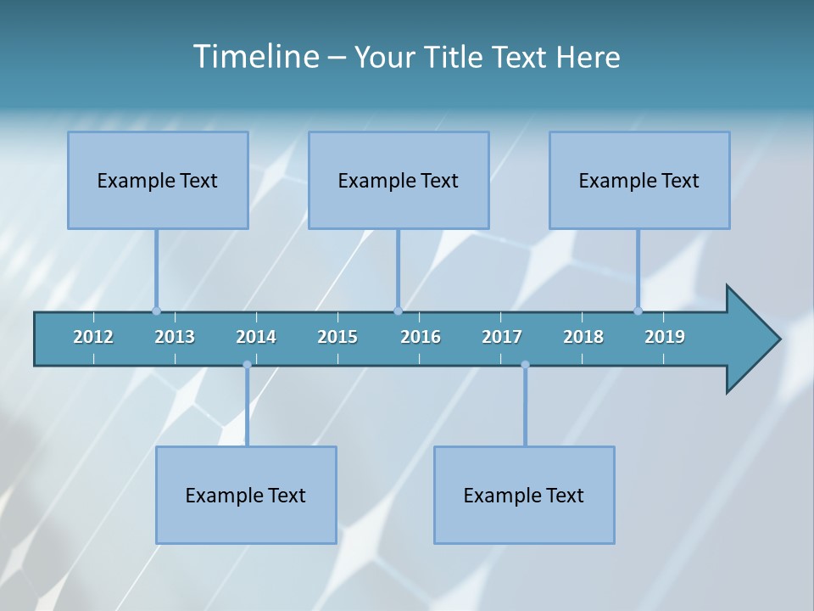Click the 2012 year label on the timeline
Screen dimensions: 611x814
[93, 337]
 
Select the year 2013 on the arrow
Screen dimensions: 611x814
[175, 337]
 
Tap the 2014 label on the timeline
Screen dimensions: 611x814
[256, 337]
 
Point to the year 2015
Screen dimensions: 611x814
[337, 337]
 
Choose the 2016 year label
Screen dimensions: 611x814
[421, 337]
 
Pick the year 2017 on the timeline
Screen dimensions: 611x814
[502, 337]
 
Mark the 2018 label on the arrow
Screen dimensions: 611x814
[583, 337]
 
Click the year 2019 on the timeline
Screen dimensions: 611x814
[665, 337]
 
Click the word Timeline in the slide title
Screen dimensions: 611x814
[254, 56]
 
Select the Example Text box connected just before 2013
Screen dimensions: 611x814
[158, 180]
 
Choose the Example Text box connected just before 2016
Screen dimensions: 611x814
[399, 180]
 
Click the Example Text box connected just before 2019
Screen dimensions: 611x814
[639, 180]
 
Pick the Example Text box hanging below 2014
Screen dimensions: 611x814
[246, 495]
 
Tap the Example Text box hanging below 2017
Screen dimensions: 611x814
[524, 495]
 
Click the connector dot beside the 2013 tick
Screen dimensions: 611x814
[156, 311]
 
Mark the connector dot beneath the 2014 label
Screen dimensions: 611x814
[247, 365]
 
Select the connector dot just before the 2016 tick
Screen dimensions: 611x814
[398, 311]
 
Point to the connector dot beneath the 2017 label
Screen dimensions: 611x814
[525, 365]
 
